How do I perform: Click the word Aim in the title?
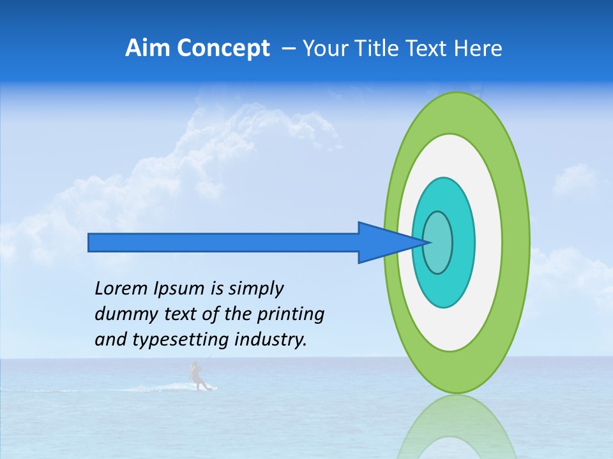[147, 48]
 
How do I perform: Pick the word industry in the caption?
[270, 340]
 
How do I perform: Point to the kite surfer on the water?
[197, 376]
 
